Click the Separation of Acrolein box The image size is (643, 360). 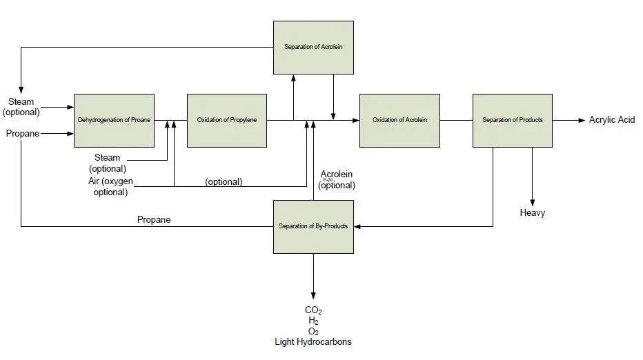(x=313, y=47)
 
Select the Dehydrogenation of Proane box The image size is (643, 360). (x=114, y=120)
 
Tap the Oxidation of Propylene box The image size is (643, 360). (x=227, y=120)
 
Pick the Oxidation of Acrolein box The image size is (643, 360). (x=399, y=120)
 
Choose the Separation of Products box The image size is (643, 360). (x=513, y=120)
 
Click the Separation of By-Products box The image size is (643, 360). (x=313, y=226)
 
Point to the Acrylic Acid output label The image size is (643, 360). (x=611, y=120)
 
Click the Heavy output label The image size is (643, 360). (x=533, y=213)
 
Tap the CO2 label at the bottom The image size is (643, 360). (x=313, y=310)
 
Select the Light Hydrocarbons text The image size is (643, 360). (x=313, y=341)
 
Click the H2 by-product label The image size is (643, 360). (x=313, y=321)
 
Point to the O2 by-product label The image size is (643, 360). (x=313, y=331)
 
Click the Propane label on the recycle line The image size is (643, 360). (x=154, y=219)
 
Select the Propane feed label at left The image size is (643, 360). (x=23, y=133)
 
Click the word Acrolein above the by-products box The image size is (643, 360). (x=337, y=174)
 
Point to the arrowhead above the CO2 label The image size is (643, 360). (x=313, y=294)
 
